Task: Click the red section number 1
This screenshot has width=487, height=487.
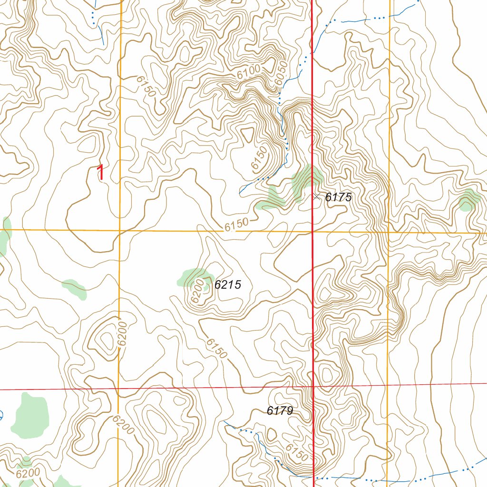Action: (100, 173)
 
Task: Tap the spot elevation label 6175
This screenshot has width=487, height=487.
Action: (338, 197)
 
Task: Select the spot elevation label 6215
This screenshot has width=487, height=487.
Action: (228, 285)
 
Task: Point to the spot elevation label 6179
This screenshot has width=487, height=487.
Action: (280, 411)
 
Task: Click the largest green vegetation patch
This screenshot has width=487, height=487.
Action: (30, 415)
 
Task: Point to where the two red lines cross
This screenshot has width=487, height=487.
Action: (313, 387)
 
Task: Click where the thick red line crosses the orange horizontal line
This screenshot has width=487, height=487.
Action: (312, 232)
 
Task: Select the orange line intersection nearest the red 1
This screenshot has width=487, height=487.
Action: (119, 231)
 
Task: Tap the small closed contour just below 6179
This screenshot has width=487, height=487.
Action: (272, 434)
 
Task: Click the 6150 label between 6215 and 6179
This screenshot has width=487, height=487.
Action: (216, 349)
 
